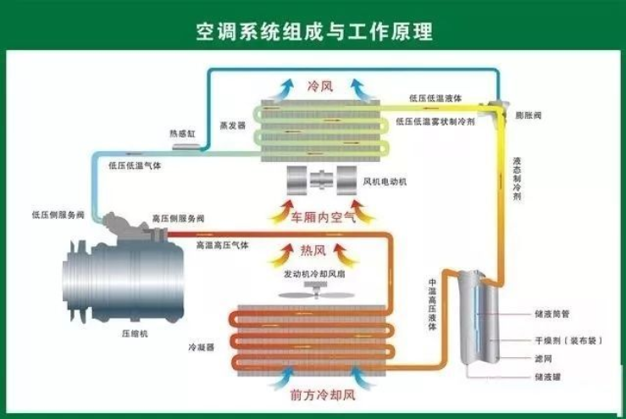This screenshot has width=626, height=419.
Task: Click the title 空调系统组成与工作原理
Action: (313, 31)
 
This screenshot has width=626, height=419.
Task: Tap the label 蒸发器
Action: (232, 125)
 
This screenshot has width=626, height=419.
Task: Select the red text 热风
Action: (313, 250)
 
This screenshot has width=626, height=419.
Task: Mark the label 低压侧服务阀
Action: (58, 215)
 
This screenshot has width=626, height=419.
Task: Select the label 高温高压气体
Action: (222, 244)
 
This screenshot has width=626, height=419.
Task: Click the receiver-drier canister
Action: (479, 318)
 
